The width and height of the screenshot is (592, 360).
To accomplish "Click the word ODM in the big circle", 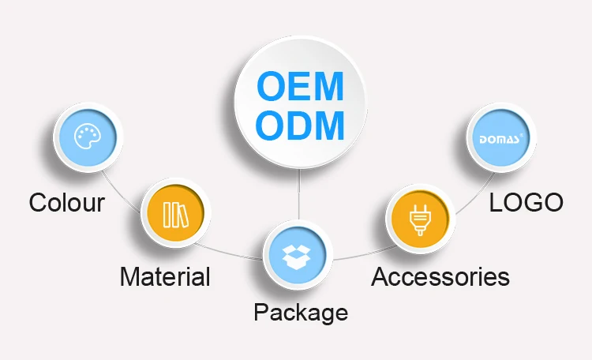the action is click(x=302, y=126).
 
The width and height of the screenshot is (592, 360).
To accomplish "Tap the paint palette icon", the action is click(x=86, y=137).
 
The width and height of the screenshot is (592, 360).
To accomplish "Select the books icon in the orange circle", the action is click(x=173, y=213).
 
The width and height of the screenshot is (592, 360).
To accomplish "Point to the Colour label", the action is click(x=67, y=203).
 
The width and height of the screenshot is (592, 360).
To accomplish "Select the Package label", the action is click(x=300, y=312).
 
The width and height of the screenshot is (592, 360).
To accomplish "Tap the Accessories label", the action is click(x=440, y=277).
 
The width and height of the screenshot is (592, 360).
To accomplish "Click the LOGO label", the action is click(x=526, y=202).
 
